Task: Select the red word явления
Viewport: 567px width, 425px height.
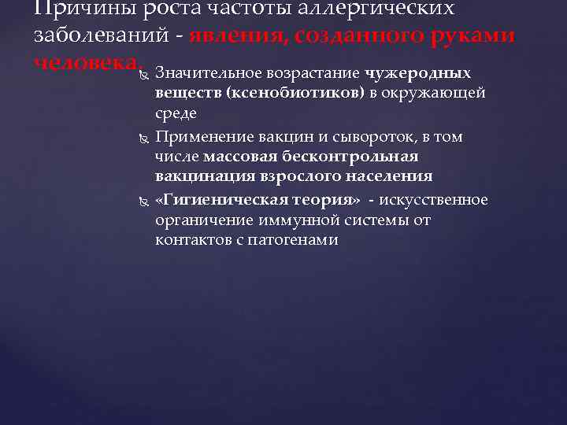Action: [249, 36]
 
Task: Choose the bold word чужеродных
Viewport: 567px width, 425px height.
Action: [418, 74]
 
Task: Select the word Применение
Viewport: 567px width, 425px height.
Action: [200, 136]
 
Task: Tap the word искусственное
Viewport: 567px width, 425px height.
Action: [436, 198]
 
